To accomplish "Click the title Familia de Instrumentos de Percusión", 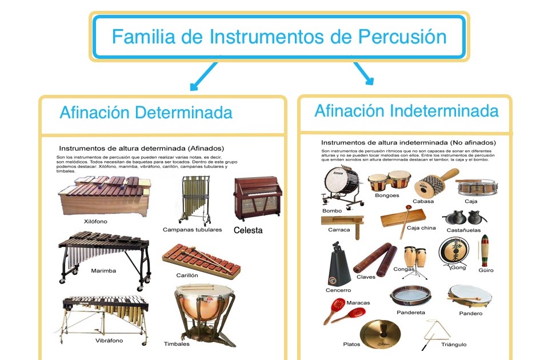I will click(x=279, y=37).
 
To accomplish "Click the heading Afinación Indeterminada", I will click(x=406, y=110).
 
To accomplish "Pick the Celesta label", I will click(x=248, y=230).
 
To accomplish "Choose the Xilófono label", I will click(x=95, y=221).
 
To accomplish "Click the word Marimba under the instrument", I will click(x=103, y=270).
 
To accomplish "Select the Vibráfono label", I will click(x=109, y=341).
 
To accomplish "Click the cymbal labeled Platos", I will click(x=380, y=334).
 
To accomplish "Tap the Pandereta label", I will click(x=411, y=313).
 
